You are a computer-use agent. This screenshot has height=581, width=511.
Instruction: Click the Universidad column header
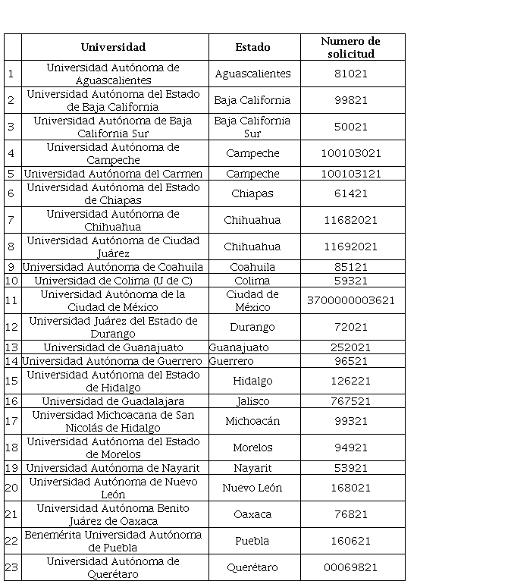(113, 47)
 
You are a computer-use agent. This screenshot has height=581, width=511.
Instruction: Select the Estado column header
(252, 47)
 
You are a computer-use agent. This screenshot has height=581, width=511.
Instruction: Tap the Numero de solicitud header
(350, 47)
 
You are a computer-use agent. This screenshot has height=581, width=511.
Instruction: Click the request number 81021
(350, 74)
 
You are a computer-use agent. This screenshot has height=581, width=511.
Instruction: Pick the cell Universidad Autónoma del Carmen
(113, 174)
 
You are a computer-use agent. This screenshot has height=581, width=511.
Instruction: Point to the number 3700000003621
(350, 300)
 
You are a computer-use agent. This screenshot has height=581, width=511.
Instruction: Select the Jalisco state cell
(252, 401)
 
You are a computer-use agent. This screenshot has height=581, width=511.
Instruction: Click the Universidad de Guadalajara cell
(113, 401)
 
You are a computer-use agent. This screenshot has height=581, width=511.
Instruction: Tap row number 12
(11, 327)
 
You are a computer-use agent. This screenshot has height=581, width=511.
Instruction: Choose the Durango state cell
(252, 327)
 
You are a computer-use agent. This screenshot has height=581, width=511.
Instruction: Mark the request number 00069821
(350, 567)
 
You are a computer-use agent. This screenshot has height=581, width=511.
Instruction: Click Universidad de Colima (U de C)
(113, 281)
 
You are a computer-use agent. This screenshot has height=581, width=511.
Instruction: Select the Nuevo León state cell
(252, 488)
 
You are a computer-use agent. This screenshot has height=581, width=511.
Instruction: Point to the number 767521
(350, 401)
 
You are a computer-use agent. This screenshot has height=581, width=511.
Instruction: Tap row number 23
(11, 567)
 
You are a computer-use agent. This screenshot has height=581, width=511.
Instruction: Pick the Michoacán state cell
(252, 421)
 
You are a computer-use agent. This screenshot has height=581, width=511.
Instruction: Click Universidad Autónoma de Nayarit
(113, 468)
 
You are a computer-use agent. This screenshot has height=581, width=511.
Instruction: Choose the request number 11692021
(350, 247)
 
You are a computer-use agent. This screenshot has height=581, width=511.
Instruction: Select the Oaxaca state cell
(252, 514)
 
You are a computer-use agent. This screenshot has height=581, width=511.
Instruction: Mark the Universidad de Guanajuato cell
(113, 347)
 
